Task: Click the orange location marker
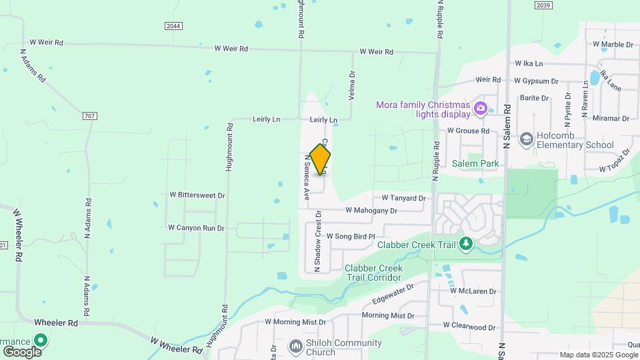tap(320, 159)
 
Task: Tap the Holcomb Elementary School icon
tap(527, 138)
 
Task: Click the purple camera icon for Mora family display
tap(480, 108)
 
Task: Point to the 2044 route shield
tap(173, 25)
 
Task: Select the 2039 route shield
tap(543, 5)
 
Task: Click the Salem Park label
tap(475, 163)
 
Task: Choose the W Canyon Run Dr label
tap(196, 228)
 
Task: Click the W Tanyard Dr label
tap(403, 198)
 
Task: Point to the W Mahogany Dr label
tap(371, 211)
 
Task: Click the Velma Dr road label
tap(352, 86)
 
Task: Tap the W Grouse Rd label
tap(468, 131)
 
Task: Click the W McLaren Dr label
tap(473, 291)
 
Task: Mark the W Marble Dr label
tap(613, 45)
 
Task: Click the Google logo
tap(22, 351)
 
